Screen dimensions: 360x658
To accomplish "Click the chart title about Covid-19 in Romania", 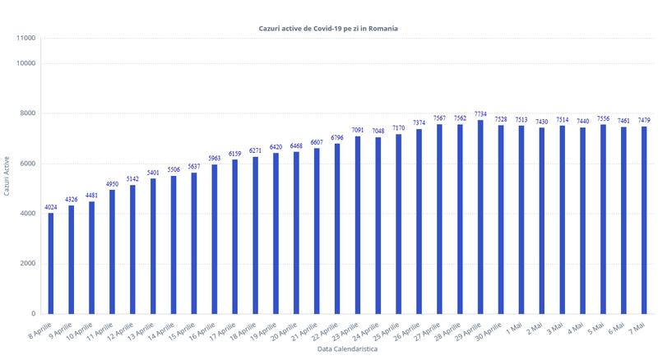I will point(328,28).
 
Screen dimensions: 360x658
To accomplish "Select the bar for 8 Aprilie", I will point(51,263).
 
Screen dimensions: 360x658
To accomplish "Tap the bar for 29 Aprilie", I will point(480,217).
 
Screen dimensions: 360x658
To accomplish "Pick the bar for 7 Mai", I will point(643,220).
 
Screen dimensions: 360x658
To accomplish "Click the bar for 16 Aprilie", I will point(215,239).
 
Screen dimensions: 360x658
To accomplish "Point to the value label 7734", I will point(480,113).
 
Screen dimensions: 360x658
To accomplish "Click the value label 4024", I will point(51,206).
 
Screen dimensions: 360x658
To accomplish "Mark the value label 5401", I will point(153,172).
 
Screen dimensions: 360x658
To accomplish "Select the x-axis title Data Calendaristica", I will point(347,350).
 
